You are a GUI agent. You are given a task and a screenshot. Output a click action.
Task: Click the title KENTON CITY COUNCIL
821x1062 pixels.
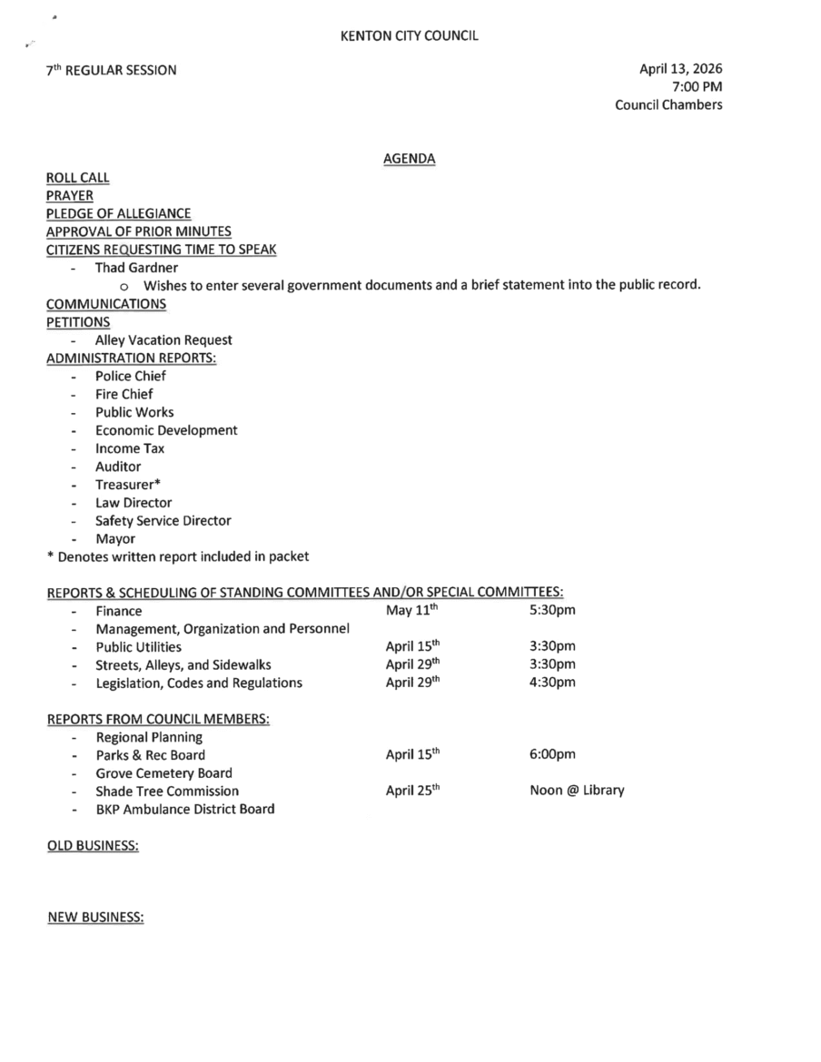(x=409, y=36)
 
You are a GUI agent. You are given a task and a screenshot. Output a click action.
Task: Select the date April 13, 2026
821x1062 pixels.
(x=681, y=68)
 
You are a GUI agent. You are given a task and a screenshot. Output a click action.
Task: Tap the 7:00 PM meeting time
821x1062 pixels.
(x=697, y=86)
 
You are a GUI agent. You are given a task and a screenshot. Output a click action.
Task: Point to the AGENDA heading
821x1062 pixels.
(x=409, y=159)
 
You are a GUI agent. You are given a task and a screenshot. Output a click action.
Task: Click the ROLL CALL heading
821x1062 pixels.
(x=78, y=178)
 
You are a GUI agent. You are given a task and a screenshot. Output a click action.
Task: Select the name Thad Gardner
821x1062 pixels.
(x=136, y=268)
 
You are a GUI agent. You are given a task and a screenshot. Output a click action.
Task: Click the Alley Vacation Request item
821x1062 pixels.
(x=163, y=339)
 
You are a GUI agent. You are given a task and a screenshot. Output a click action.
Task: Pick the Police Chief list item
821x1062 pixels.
(x=131, y=376)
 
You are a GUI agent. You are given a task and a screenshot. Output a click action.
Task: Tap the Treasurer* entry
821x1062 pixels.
(x=128, y=485)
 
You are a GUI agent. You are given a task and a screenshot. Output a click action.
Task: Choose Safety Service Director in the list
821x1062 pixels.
(x=163, y=521)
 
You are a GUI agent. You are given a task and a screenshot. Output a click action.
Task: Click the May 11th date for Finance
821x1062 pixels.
(x=412, y=610)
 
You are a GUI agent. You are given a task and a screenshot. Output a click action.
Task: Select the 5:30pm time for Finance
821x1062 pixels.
(x=552, y=610)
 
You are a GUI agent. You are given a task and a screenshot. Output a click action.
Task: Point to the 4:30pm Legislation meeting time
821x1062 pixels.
(x=552, y=683)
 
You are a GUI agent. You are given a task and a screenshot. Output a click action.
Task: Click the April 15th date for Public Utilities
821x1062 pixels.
(x=412, y=646)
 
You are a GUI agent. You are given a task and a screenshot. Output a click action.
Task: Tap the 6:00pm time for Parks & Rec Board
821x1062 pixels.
(x=552, y=754)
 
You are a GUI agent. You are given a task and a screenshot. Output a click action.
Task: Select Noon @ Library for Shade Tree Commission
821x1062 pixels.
(x=577, y=790)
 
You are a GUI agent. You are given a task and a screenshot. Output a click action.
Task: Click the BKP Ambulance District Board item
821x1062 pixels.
(x=185, y=809)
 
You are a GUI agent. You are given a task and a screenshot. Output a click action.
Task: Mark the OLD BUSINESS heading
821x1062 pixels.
(x=93, y=845)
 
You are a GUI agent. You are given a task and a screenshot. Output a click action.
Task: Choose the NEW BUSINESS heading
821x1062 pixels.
(x=95, y=918)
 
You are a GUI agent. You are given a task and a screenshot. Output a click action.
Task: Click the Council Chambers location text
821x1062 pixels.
(x=668, y=104)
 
